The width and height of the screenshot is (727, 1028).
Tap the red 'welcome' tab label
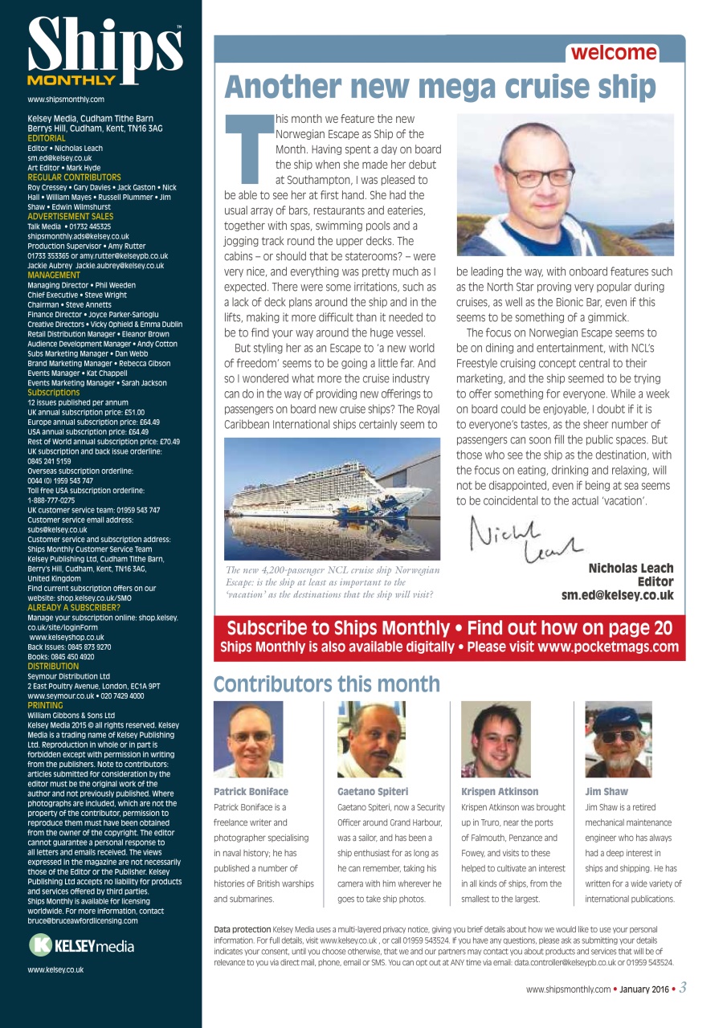(614, 53)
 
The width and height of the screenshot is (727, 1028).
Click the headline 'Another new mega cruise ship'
(440, 86)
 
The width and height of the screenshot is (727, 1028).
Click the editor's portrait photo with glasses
(565, 185)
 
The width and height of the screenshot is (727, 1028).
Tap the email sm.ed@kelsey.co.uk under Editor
(617, 595)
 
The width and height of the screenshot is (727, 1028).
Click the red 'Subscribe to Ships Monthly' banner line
(449, 628)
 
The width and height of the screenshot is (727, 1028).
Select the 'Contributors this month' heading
(327, 684)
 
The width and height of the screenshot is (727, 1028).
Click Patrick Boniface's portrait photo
(248, 739)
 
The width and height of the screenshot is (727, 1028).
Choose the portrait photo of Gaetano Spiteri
(371, 739)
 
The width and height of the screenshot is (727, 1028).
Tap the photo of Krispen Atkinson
(496, 739)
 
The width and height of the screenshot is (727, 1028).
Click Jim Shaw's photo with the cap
(619, 739)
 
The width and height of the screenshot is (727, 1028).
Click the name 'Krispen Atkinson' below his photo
(500, 791)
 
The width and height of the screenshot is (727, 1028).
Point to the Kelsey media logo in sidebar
(81, 946)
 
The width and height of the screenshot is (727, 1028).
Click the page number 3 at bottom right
(682, 988)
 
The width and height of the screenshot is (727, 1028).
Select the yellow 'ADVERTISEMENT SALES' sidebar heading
(70, 216)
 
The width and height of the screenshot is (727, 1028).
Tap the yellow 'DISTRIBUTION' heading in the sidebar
(53, 666)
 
